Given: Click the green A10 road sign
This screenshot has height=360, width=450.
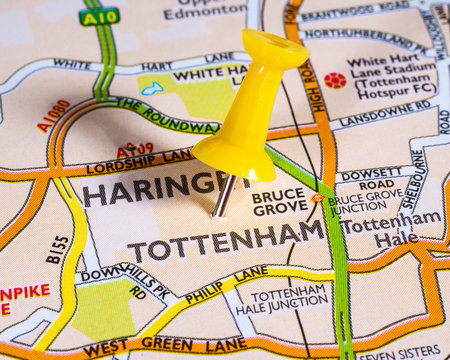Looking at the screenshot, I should click(x=99, y=16).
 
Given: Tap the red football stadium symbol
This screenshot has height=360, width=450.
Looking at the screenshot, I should click(x=335, y=80).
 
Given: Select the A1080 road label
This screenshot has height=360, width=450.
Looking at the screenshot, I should click(x=53, y=116).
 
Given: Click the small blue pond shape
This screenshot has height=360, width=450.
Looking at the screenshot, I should click(x=152, y=89).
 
